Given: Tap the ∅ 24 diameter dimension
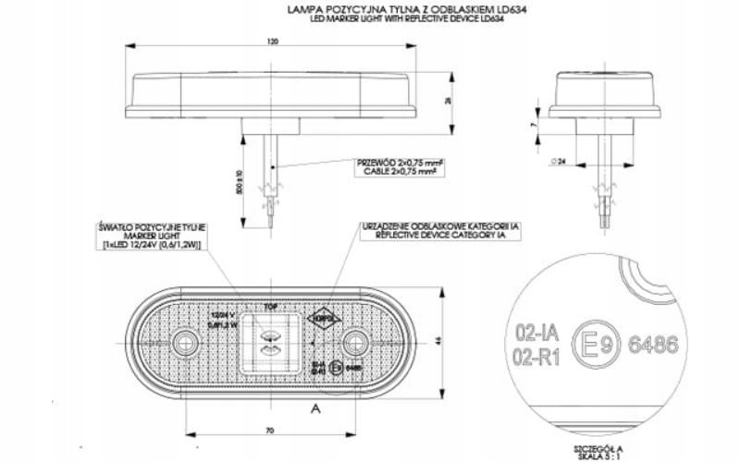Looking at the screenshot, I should point(558,161).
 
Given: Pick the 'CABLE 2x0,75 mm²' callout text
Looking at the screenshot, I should point(400,171).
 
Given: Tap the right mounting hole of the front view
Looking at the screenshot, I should point(351,346).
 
